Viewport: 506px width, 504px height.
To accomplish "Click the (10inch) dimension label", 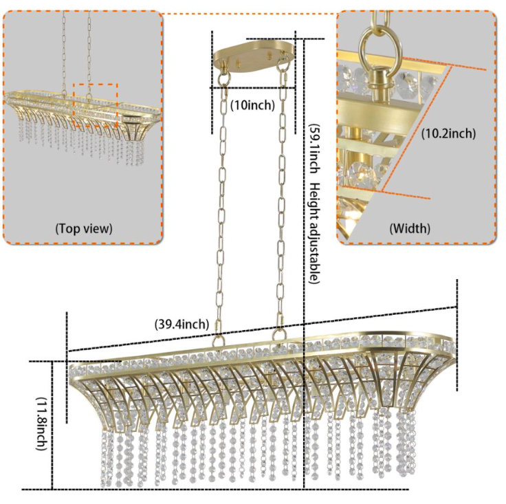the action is [252, 105].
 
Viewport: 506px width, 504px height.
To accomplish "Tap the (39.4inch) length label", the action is [181, 324].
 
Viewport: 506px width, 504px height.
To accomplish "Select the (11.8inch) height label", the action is [41, 424].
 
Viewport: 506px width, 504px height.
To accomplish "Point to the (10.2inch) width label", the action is [448, 133].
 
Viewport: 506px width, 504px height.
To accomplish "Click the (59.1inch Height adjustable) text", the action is [314, 204].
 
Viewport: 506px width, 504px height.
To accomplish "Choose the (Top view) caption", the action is [84, 228].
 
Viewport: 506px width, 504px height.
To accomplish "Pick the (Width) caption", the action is [410, 228].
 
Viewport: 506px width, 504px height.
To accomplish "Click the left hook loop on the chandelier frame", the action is [219, 340].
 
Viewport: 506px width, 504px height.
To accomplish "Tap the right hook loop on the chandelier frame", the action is [279, 334].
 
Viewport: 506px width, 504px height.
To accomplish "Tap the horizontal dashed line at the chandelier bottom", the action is [215, 490].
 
